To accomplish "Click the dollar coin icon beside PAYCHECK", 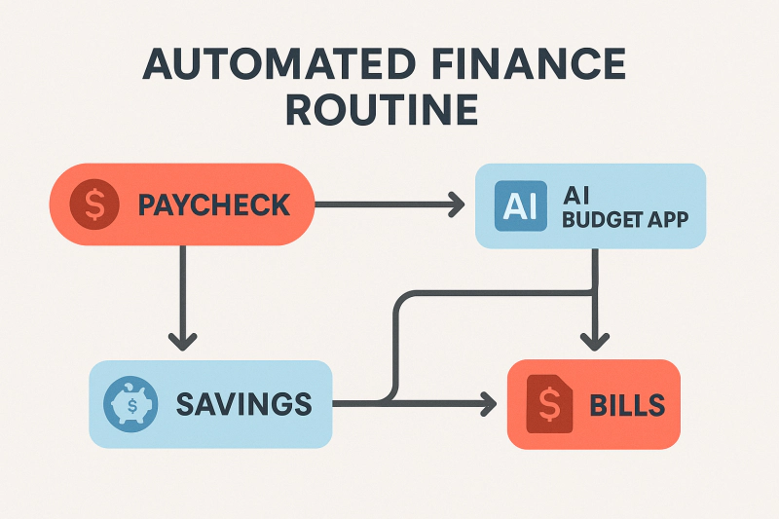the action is (x=94, y=204).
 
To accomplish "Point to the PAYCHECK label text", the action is (x=214, y=205).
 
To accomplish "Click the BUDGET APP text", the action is (x=625, y=218).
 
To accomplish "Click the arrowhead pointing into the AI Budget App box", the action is (x=456, y=204).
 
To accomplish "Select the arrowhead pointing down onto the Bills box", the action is (x=594, y=340).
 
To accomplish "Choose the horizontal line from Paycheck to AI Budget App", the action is (x=385, y=204).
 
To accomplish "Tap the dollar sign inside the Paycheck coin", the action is (x=94, y=204).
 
